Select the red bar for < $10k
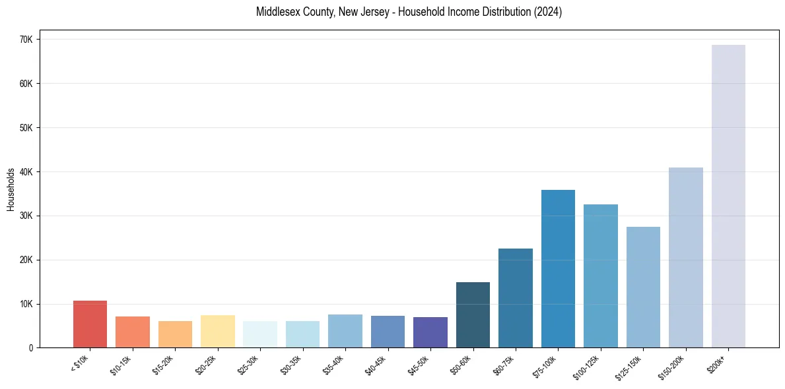coord(90,324)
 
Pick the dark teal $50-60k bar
coord(473,315)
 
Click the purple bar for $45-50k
coord(430,332)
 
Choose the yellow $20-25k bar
coord(217,332)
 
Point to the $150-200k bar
coord(685,258)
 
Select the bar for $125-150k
coord(643,287)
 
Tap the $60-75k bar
coord(516,298)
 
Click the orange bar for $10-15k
coord(133,332)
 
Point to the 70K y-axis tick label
coord(26,40)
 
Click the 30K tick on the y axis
coord(26,216)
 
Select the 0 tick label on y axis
coord(31,348)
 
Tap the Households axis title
coord(11,189)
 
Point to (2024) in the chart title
coord(549,12)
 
